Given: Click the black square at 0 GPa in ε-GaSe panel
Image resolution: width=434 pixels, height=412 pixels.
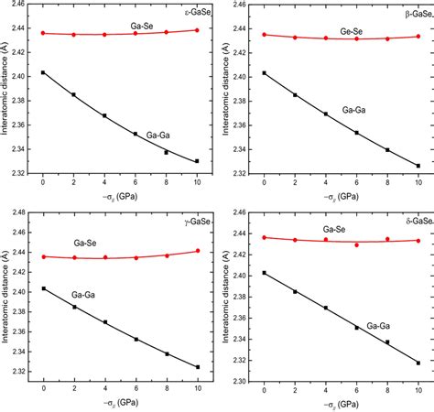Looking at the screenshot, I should click(42, 72).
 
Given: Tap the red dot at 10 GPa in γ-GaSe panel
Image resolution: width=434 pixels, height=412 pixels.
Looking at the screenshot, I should click(197, 250).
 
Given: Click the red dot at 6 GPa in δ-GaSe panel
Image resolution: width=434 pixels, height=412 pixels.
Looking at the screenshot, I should click(357, 245).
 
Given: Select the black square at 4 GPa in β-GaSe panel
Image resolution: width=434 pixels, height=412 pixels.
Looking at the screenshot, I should click(326, 114).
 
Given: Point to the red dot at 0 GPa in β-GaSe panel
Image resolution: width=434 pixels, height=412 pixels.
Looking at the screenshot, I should click(265, 35).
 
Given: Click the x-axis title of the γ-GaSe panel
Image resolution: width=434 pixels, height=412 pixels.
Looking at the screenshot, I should click(120, 407).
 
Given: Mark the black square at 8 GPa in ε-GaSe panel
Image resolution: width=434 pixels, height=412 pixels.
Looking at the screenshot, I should click(166, 152).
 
